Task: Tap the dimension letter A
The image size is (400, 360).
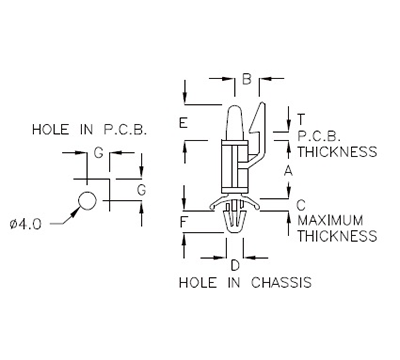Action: click(x=287, y=171)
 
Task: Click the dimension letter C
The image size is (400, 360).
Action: click(x=301, y=203)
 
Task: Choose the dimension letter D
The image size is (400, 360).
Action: click(x=234, y=265)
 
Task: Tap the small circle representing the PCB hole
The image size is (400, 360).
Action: click(x=88, y=201)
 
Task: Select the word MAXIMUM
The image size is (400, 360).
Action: click(x=336, y=219)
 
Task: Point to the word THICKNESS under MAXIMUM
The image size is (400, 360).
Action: click(x=337, y=237)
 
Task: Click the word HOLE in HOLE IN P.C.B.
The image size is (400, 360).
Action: click(x=53, y=130)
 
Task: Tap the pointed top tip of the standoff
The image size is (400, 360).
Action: click(x=235, y=105)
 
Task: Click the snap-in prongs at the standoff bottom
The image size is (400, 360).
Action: click(x=234, y=218)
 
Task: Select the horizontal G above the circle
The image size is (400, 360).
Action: click(x=98, y=152)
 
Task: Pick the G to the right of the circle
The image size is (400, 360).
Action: click(x=141, y=189)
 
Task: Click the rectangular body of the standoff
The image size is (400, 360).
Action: click(x=232, y=165)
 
